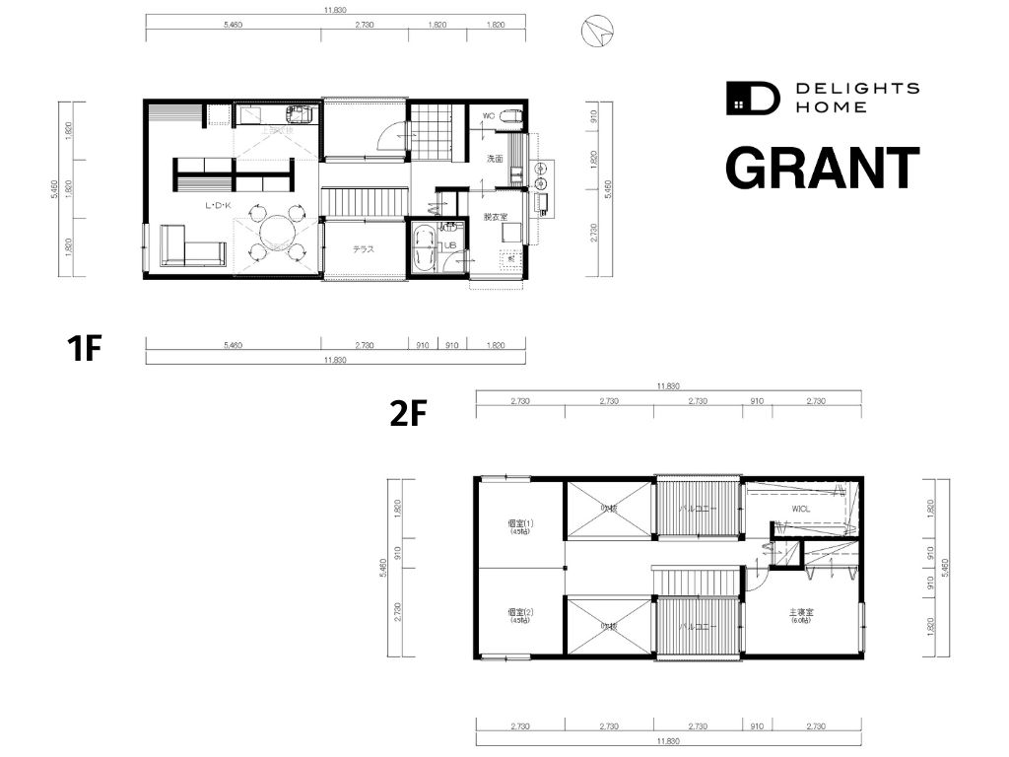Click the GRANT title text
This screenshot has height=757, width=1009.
822,168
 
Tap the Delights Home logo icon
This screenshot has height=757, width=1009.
752,97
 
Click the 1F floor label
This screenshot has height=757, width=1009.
85,348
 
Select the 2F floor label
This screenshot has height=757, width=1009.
408,414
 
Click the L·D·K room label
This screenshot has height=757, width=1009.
218,206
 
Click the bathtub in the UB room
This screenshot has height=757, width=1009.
424,250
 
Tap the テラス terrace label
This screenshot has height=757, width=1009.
364,248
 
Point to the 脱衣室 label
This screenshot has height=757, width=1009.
495,217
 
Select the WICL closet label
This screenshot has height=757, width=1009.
800,509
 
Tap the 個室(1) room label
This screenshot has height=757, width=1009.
519,523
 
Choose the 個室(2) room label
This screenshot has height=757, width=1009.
519,611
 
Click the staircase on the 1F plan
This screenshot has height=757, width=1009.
364,203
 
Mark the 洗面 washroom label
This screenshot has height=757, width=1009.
495,159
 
